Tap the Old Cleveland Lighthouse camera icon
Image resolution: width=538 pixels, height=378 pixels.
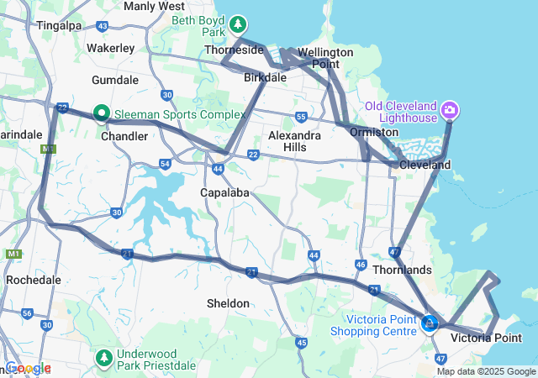450,109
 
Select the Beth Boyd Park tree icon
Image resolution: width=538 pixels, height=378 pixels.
239,23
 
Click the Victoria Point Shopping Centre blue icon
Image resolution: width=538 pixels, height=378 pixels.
430,323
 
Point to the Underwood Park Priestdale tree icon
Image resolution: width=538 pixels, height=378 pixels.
104,359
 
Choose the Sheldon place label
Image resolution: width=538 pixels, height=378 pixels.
228,303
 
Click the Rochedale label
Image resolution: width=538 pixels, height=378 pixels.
31,279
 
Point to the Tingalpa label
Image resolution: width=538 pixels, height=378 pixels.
58,25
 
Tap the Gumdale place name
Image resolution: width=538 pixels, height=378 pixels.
114,80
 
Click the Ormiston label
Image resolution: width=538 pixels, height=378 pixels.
373,133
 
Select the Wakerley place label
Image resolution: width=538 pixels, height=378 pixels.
110,48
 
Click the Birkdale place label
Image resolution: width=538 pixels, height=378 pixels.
266,77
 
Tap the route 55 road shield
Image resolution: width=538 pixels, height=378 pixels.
300,117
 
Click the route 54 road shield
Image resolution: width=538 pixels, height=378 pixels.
165,164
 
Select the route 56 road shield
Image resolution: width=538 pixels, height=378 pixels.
28,314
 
